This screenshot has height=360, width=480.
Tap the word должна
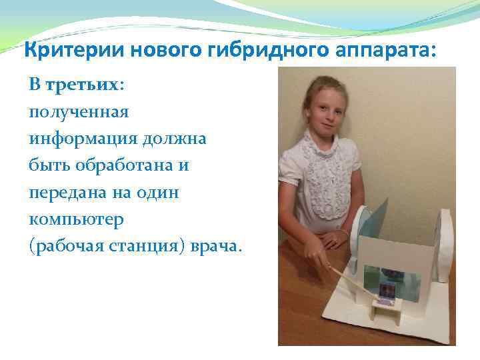click(172, 139)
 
